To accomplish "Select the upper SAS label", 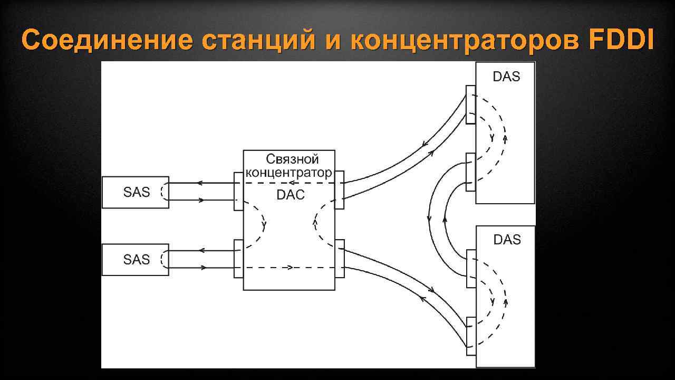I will [x=137, y=192].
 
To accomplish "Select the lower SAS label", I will [x=137, y=259].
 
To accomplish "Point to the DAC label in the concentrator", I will [x=291, y=195].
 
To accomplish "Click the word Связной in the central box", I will [x=293, y=159].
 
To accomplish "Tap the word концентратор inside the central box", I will [x=288, y=172].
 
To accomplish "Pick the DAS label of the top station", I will [x=506, y=77].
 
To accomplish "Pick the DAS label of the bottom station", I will [x=507, y=240].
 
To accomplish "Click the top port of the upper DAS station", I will [x=470, y=104].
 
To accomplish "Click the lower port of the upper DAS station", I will [x=470, y=172].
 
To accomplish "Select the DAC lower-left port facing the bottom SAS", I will [x=238, y=258].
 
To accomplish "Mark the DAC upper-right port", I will [x=340, y=189].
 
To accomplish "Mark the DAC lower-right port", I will [x=340, y=258].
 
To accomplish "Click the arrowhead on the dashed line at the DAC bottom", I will [x=290, y=268].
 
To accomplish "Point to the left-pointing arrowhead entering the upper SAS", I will [x=200, y=183].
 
